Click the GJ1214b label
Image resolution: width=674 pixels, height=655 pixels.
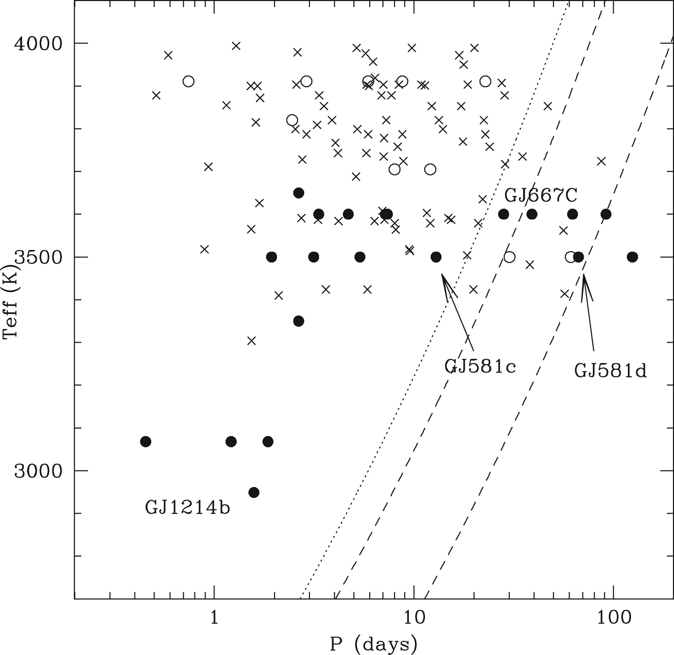coord(187,508)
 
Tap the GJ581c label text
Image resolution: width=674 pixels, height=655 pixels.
coord(480,367)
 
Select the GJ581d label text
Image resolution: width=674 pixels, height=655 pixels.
coord(610,371)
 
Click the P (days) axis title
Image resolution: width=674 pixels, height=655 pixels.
coord(373,643)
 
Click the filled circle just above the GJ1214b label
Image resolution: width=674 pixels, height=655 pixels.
coord(254,492)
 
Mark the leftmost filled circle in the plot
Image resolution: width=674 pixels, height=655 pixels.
coord(146,441)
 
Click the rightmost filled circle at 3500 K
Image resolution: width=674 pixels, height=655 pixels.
coord(633,257)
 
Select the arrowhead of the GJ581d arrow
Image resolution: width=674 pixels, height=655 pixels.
coord(583,275)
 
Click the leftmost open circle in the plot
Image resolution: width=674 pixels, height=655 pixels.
coord(189,81)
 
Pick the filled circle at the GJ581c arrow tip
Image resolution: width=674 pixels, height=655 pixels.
coord(436,257)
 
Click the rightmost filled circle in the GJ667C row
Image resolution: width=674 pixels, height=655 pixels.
coord(606,214)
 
